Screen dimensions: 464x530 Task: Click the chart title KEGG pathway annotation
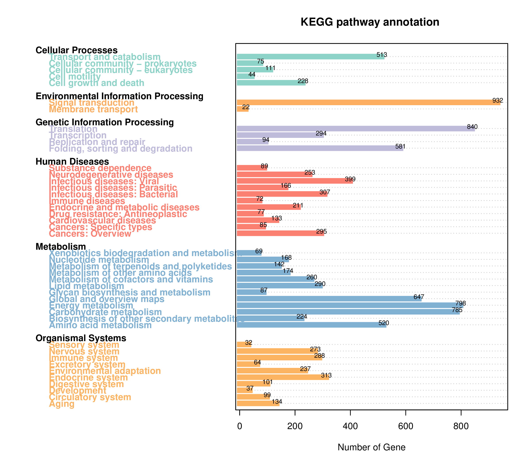(x=370, y=22)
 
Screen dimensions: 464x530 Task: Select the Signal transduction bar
(x=368, y=102)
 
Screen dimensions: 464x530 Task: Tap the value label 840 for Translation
(x=472, y=127)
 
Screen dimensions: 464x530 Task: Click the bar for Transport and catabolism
(x=310, y=57)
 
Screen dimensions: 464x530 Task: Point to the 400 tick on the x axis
(x=350, y=426)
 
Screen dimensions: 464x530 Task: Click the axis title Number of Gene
(x=371, y=447)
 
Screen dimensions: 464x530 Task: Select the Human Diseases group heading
(x=72, y=162)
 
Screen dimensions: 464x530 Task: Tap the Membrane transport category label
(x=93, y=109)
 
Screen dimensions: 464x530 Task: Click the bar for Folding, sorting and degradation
(x=320, y=148)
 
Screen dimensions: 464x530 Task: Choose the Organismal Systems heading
(x=81, y=338)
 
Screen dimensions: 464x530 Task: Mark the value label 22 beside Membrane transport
(x=246, y=107)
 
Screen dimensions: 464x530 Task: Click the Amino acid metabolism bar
(x=311, y=325)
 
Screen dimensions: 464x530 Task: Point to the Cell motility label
(x=75, y=77)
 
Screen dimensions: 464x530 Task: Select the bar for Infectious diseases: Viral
(x=295, y=181)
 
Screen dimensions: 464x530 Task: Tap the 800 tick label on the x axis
(x=461, y=426)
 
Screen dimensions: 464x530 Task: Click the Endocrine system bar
(x=283, y=377)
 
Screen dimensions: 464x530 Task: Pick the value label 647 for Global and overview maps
(x=419, y=297)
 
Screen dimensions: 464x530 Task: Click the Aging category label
(x=62, y=404)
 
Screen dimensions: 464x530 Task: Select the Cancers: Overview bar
(x=280, y=233)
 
